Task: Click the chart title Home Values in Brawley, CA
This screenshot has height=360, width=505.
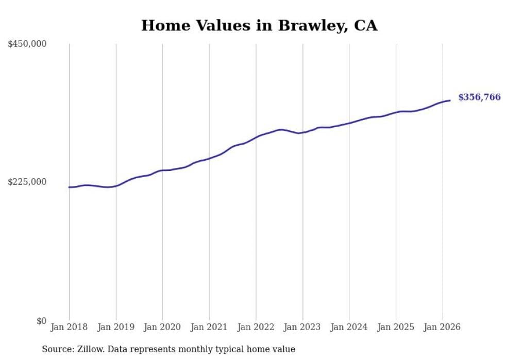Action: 259,25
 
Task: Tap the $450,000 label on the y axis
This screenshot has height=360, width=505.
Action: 27,44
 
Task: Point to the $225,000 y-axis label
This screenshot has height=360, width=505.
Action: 27,182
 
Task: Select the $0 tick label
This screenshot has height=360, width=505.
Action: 41,321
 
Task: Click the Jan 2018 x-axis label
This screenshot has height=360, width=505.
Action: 69,327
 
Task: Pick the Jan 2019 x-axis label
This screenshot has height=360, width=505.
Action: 116,327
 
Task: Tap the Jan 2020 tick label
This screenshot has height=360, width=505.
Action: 162,327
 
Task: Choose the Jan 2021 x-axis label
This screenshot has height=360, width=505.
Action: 209,327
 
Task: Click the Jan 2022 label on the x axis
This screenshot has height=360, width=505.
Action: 256,327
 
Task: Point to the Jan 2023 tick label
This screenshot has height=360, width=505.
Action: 302,327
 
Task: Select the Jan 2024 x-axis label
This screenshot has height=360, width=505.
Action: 349,327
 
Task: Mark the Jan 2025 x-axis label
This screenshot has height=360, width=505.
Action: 396,327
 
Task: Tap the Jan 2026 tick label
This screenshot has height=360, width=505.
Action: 442,327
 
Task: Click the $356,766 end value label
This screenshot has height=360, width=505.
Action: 479,97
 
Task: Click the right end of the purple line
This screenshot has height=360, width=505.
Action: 450,100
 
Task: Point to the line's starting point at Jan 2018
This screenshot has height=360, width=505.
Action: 69,187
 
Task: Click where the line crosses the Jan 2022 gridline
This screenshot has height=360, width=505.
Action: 256,138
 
